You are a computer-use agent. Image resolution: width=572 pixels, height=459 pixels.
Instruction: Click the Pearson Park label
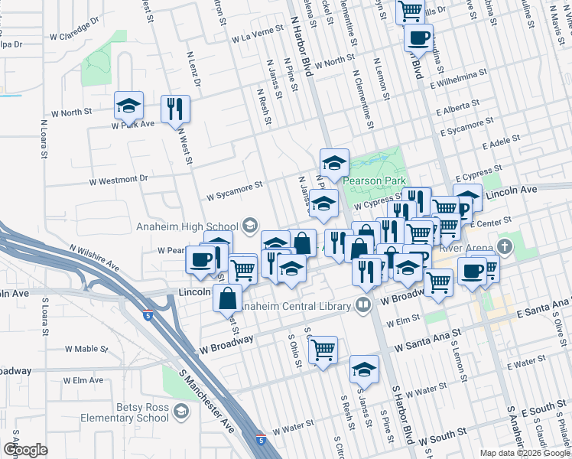372,181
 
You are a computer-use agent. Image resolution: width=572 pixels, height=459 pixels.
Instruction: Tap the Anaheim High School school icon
249,226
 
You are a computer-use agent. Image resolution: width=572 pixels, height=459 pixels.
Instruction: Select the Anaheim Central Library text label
295,307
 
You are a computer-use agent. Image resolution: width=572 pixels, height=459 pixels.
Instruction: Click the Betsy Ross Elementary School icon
180,413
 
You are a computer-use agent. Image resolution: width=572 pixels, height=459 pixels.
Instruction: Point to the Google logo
25,450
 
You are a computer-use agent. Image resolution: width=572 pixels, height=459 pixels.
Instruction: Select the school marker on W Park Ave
129,105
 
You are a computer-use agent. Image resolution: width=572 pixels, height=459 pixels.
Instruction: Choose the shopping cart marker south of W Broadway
323,350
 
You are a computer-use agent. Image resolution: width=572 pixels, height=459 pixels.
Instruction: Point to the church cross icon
503,246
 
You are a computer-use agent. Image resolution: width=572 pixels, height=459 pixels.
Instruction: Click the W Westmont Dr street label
119,181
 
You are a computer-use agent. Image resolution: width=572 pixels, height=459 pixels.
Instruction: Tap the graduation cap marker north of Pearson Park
334,162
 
